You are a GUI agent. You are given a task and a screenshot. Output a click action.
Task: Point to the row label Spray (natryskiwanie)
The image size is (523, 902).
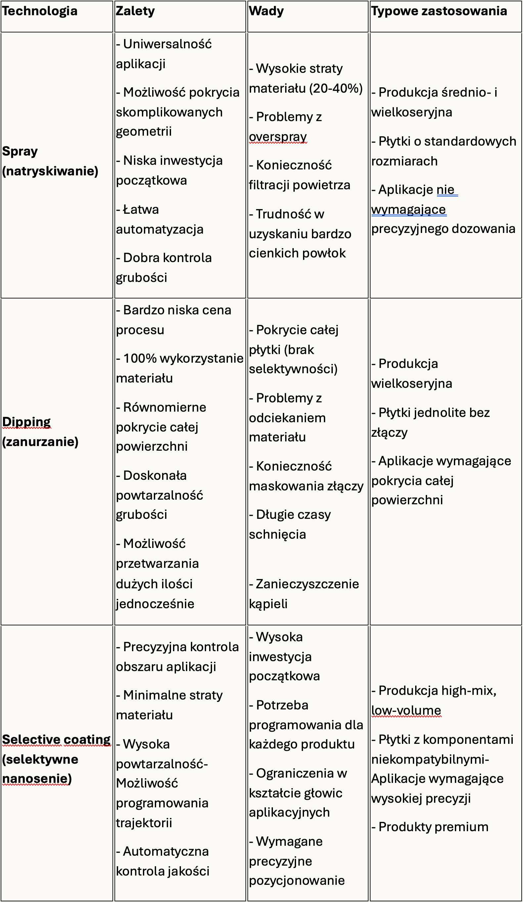click(x=50, y=161)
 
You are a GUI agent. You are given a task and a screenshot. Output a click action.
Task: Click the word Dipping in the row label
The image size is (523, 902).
click(x=26, y=422)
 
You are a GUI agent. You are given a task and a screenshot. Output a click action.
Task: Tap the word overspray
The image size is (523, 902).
click(x=278, y=136)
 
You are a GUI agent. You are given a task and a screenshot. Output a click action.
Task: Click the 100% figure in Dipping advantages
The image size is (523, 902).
click(x=140, y=358)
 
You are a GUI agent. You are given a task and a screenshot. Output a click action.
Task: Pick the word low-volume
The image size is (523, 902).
click(x=406, y=710)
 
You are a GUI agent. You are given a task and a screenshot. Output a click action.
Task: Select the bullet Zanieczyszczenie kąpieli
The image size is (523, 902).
click(x=304, y=594)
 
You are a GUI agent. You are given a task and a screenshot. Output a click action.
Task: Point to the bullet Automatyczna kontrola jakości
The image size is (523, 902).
click(x=163, y=861)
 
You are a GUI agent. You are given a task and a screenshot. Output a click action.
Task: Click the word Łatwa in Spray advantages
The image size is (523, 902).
click(x=141, y=209)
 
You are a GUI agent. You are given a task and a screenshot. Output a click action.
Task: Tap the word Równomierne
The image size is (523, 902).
click(x=164, y=407)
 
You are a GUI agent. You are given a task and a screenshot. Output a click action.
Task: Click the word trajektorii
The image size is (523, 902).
click(x=144, y=823)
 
